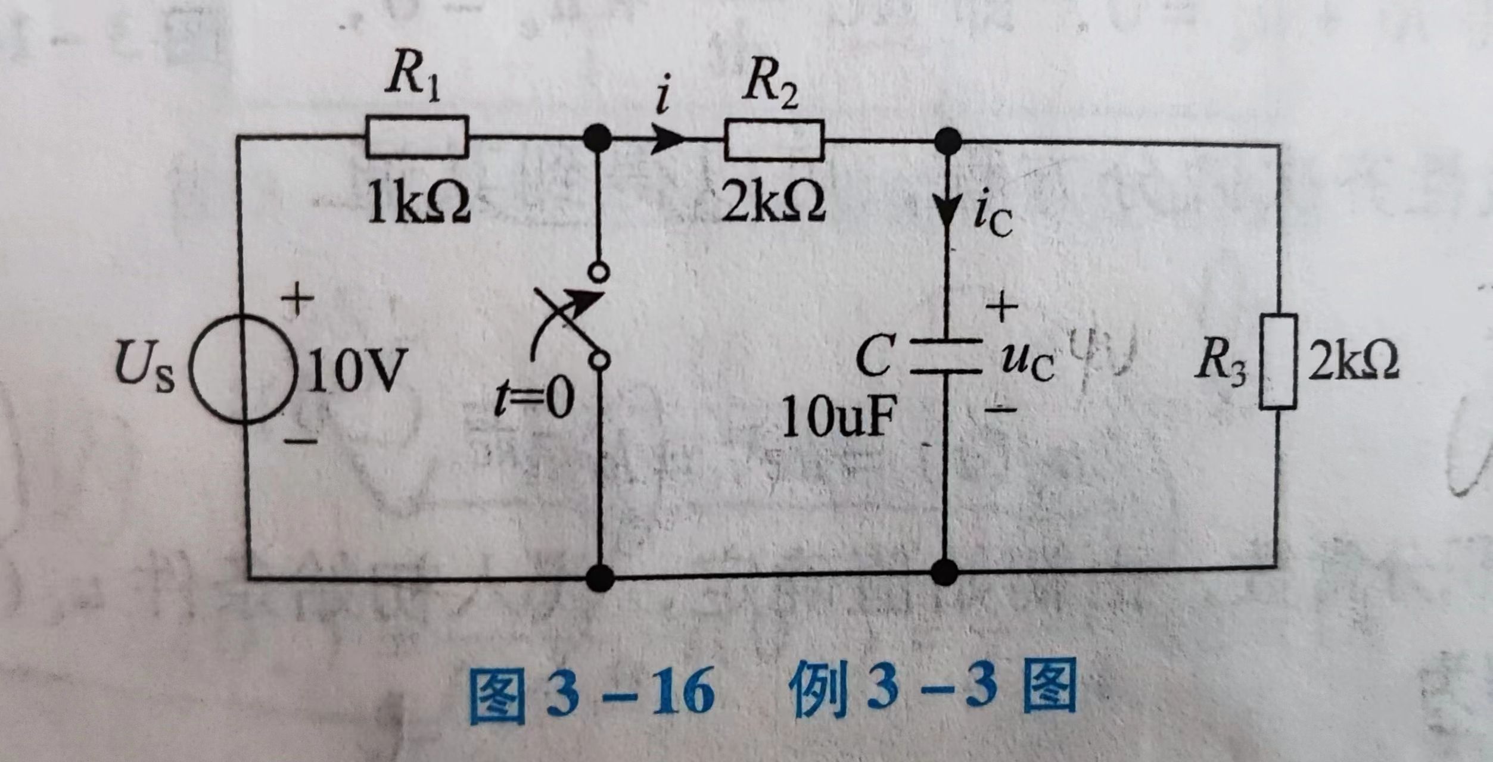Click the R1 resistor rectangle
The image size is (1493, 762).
(x=417, y=136)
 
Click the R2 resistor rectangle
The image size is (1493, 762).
(x=774, y=140)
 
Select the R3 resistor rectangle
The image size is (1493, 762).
(x=1278, y=361)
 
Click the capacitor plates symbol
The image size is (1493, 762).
(x=945, y=357)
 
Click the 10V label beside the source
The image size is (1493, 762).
(x=356, y=370)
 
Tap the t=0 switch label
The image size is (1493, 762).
(x=534, y=398)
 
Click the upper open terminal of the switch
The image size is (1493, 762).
(x=598, y=272)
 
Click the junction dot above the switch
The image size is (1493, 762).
(x=597, y=138)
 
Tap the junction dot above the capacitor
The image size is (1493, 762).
(x=948, y=142)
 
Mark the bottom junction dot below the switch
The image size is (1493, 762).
(x=600, y=577)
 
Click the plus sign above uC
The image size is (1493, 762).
(x=1002, y=308)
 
